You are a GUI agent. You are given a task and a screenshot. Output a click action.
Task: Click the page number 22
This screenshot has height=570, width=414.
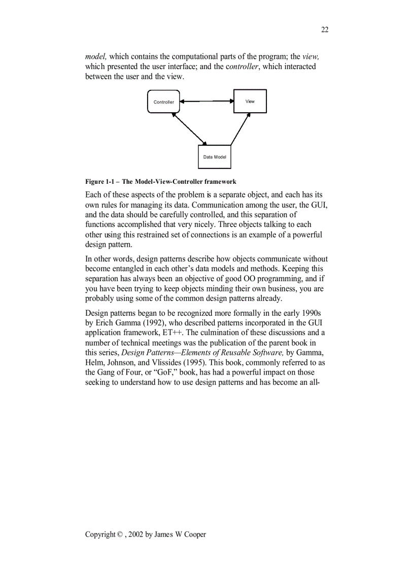pyautogui.click(x=325, y=30)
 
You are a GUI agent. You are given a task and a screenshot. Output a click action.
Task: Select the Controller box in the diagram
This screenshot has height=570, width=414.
pyautogui.click(x=163, y=102)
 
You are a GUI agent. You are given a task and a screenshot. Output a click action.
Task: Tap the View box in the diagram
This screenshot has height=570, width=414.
pyautogui.click(x=250, y=101)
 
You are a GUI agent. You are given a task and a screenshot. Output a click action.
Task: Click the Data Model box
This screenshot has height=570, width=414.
pyautogui.click(x=214, y=157)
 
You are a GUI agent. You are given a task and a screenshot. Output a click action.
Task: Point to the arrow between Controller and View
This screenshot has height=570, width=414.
pyautogui.click(x=206, y=101)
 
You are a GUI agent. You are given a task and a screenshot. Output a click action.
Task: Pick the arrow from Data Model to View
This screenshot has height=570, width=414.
pyautogui.click(x=240, y=128)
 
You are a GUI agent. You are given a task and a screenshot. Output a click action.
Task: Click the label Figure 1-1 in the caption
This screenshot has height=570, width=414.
pyautogui.click(x=100, y=182)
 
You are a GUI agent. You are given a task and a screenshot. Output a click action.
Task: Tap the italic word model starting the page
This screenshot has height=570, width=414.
pyautogui.click(x=95, y=56)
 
